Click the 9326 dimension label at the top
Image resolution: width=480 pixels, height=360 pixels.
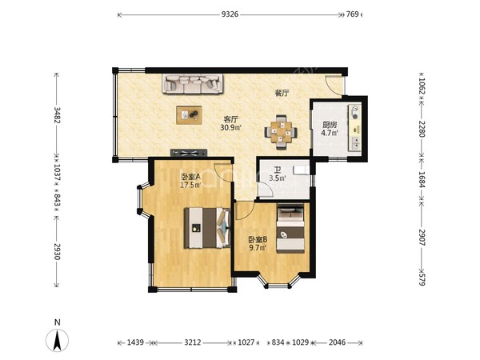(230, 14)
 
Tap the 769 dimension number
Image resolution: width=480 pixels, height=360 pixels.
(352, 14)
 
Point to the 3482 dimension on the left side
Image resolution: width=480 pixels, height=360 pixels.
(57, 114)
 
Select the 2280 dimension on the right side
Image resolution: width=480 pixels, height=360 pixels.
(422, 129)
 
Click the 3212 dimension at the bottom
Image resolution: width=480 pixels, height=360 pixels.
(193, 342)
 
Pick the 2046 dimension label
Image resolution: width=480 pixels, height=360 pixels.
(337, 342)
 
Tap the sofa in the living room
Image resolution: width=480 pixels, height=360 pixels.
(192, 83)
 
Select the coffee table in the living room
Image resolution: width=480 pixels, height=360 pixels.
(189, 115)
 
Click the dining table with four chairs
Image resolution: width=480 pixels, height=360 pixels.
(281, 132)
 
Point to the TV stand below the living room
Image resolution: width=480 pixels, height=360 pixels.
(189, 153)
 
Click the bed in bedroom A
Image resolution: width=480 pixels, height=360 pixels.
(207, 228)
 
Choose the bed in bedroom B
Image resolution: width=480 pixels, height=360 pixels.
(290, 228)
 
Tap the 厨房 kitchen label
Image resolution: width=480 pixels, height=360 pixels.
(330, 125)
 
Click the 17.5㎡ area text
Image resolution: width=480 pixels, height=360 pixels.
(190, 185)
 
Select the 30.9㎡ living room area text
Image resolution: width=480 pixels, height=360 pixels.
(231, 127)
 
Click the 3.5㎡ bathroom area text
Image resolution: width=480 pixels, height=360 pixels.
(278, 178)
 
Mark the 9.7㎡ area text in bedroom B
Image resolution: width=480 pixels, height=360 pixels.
(258, 247)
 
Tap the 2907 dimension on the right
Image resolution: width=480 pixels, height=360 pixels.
(422, 238)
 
